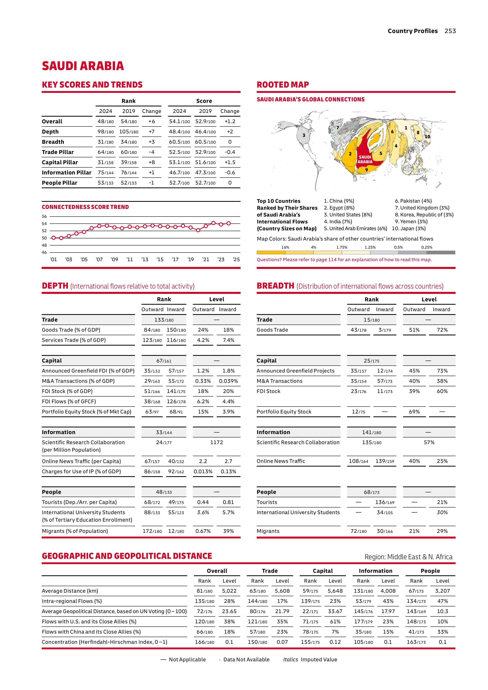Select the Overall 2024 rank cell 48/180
(105, 121)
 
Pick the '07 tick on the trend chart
(99, 259)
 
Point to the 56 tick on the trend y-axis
(44, 216)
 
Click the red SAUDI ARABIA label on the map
(365, 159)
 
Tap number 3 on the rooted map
(304, 135)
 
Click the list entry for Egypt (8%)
(339, 208)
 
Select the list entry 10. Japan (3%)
(409, 228)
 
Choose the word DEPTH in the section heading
(55, 286)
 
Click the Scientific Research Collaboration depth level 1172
(216, 442)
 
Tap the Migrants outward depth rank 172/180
(152, 531)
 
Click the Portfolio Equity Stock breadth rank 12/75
(359, 412)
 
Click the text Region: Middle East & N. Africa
(408, 557)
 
